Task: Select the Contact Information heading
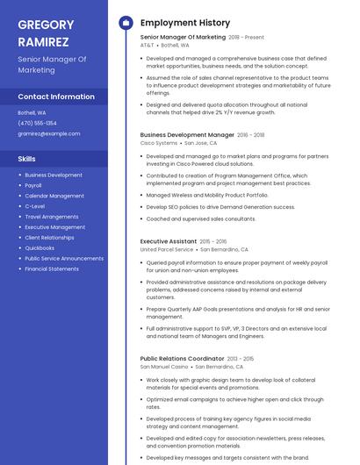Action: click(56, 97)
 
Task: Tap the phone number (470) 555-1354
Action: click(37, 123)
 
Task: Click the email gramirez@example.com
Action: click(48, 133)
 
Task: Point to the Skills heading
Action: click(27, 159)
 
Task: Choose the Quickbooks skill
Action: click(40, 247)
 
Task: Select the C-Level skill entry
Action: click(35, 206)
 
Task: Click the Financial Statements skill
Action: click(52, 268)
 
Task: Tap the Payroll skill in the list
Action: click(33, 185)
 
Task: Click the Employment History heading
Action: click(185, 23)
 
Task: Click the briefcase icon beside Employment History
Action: click(126, 23)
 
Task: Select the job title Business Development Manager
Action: click(187, 135)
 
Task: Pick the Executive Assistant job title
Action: click(169, 241)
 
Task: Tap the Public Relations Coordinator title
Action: click(182, 358)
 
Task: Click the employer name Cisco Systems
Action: click(159, 143)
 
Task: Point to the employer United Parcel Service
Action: click(167, 249)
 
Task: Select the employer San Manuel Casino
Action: click(162, 366)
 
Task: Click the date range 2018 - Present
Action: click(246, 38)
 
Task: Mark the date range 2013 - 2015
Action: click(241, 359)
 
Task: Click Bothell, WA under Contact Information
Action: click(32, 112)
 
